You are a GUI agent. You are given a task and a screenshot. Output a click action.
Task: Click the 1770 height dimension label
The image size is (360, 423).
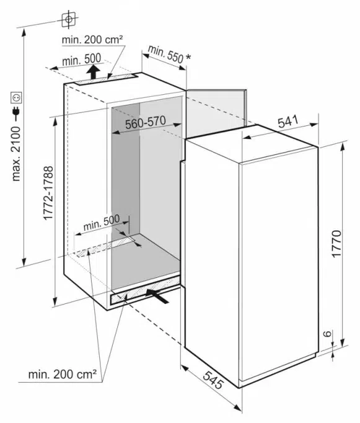[337, 244]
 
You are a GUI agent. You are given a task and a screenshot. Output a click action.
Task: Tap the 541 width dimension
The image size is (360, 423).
[288, 122]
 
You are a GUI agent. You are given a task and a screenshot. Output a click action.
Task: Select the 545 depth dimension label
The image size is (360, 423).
[213, 380]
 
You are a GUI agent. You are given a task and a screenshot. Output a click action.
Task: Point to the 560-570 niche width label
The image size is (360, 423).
[145, 122]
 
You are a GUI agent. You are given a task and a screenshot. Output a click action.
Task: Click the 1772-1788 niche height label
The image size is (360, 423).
[48, 193]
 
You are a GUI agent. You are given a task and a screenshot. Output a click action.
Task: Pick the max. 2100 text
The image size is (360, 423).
[16, 154]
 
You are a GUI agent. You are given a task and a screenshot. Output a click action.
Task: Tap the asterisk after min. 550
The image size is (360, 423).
[188, 58]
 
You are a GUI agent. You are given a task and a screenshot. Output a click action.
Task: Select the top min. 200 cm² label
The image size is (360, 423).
[92, 40]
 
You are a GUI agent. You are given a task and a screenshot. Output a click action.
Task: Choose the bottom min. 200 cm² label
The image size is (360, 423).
[62, 374]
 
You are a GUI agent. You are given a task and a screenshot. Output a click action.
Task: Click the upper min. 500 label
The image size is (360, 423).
[81, 60]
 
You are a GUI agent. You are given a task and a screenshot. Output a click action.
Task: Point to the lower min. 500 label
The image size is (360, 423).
[102, 223]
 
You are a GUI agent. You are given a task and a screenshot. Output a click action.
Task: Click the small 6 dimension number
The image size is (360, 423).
[327, 334]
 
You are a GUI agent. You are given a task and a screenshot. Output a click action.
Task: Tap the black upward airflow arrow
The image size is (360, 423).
[94, 71]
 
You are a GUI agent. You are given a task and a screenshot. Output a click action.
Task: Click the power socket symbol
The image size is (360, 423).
[16, 97]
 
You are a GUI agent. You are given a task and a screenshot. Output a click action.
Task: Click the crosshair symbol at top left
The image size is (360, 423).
[69, 19]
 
